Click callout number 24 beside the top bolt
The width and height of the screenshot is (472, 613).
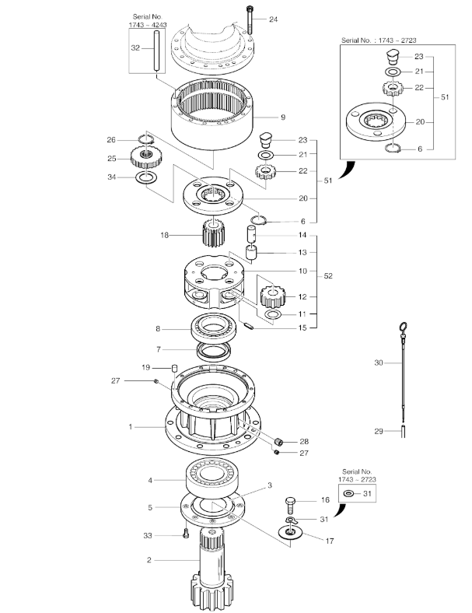tap(274, 19)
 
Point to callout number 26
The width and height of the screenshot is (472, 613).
tap(110, 140)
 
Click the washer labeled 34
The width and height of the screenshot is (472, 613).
tap(145, 179)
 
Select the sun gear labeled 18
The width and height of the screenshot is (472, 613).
tap(212, 233)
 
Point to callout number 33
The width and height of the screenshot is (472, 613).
tap(146, 535)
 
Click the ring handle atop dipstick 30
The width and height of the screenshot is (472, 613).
tap(402, 328)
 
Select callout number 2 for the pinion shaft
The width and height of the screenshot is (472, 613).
tap(149, 559)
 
